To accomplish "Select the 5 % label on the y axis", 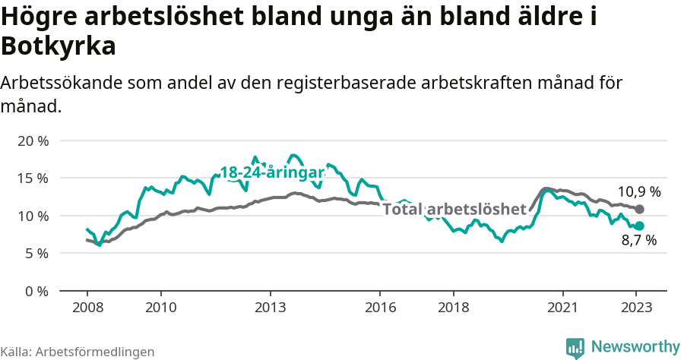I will pyautogui.click(x=36, y=253).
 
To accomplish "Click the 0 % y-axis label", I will pyautogui.click(x=36, y=291).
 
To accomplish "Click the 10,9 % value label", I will pyautogui.click(x=639, y=192).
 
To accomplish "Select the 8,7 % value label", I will pyautogui.click(x=638, y=241).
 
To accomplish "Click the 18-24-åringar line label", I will pyautogui.click(x=272, y=172).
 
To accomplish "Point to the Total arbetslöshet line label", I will pyautogui.click(x=454, y=209).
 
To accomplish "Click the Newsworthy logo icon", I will pyautogui.click(x=575, y=348).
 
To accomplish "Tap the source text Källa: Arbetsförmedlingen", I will pyautogui.click(x=78, y=352).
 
